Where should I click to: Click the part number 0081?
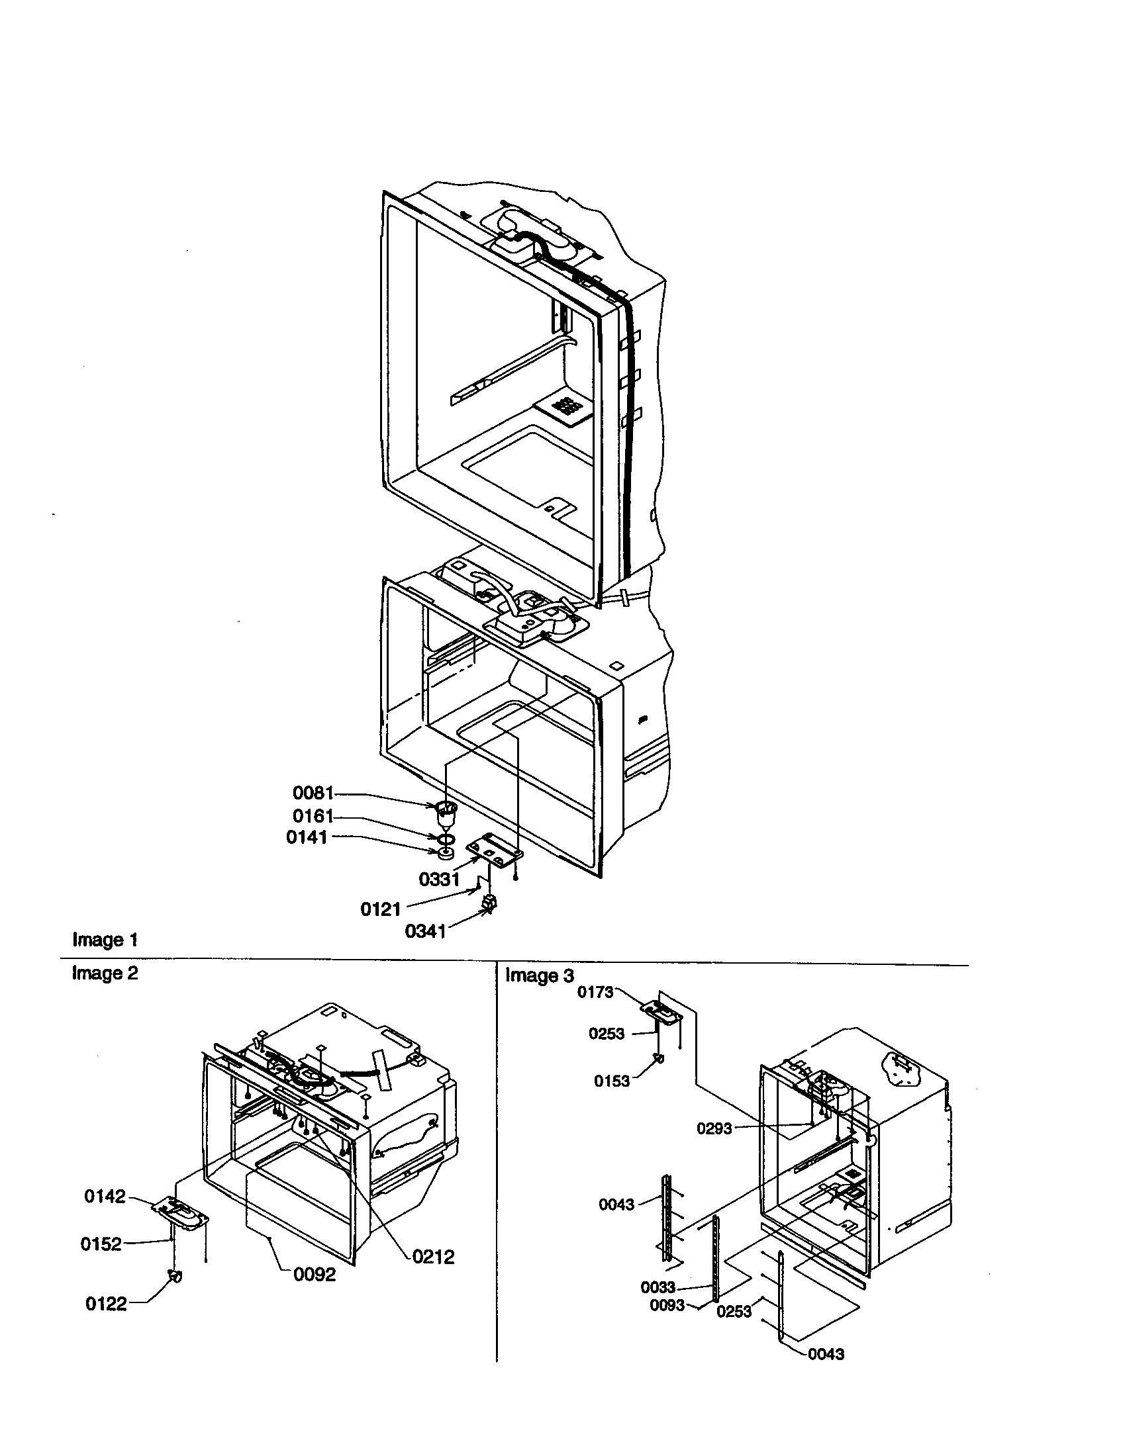coord(312,794)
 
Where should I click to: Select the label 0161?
coord(312,817)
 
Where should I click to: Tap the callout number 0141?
coord(306,837)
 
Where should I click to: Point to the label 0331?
coord(439,880)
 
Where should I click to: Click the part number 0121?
coord(380,909)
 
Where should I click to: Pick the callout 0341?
coord(425,931)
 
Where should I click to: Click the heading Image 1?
coord(105,940)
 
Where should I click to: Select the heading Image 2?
coord(105,974)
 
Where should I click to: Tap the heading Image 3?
coord(539,976)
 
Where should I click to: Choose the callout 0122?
coord(106,1304)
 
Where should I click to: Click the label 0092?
coord(315,1275)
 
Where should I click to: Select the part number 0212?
coord(433,1257)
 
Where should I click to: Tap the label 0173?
coord(595,992)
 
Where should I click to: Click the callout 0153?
coord(612,1081)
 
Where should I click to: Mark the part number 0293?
coord(714,1128)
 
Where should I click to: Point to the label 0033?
coord(658,1287)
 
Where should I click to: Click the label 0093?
coord(667,1304)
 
